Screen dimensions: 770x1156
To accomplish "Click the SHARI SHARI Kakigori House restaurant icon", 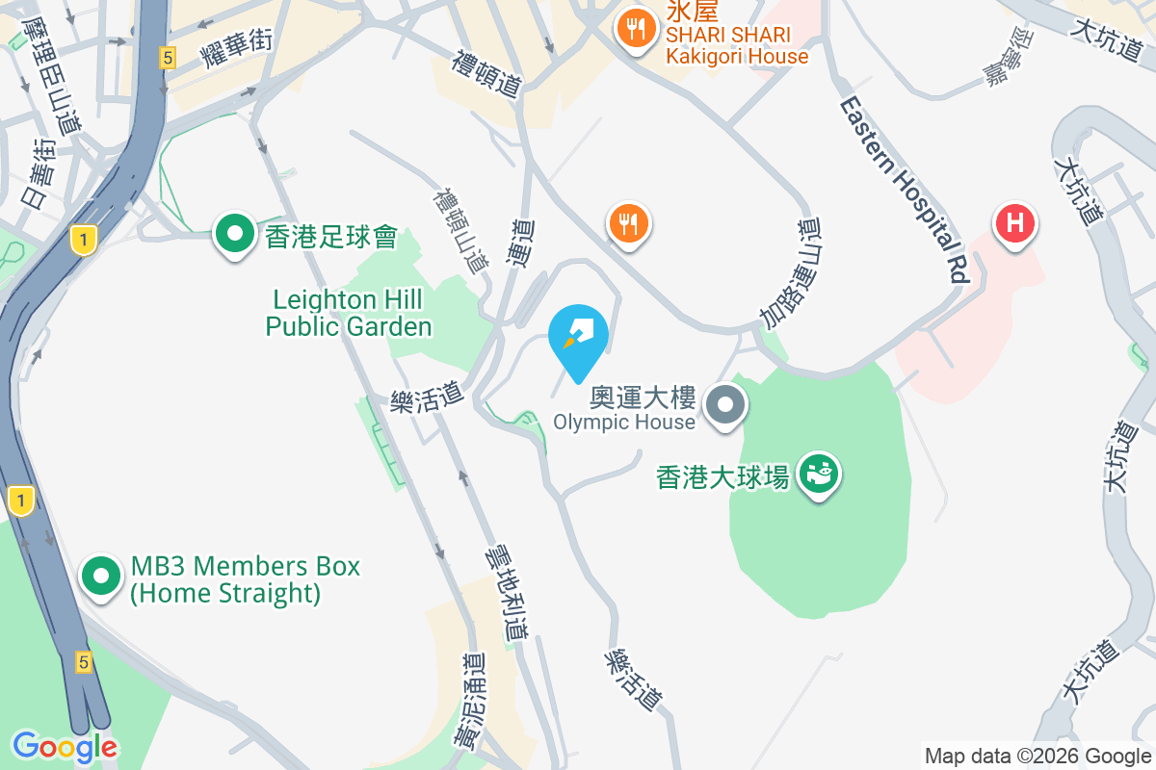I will point(636,27).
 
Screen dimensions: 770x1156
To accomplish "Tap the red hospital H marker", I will point(1014,225).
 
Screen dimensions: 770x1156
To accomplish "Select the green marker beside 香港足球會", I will point(234,234).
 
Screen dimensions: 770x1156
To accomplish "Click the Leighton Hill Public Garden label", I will point(349,313).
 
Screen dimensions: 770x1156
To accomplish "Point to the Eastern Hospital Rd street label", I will point(903,188).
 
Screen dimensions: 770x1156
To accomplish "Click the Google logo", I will point(65,747).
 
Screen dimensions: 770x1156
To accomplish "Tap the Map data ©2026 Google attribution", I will point(1038,756).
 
